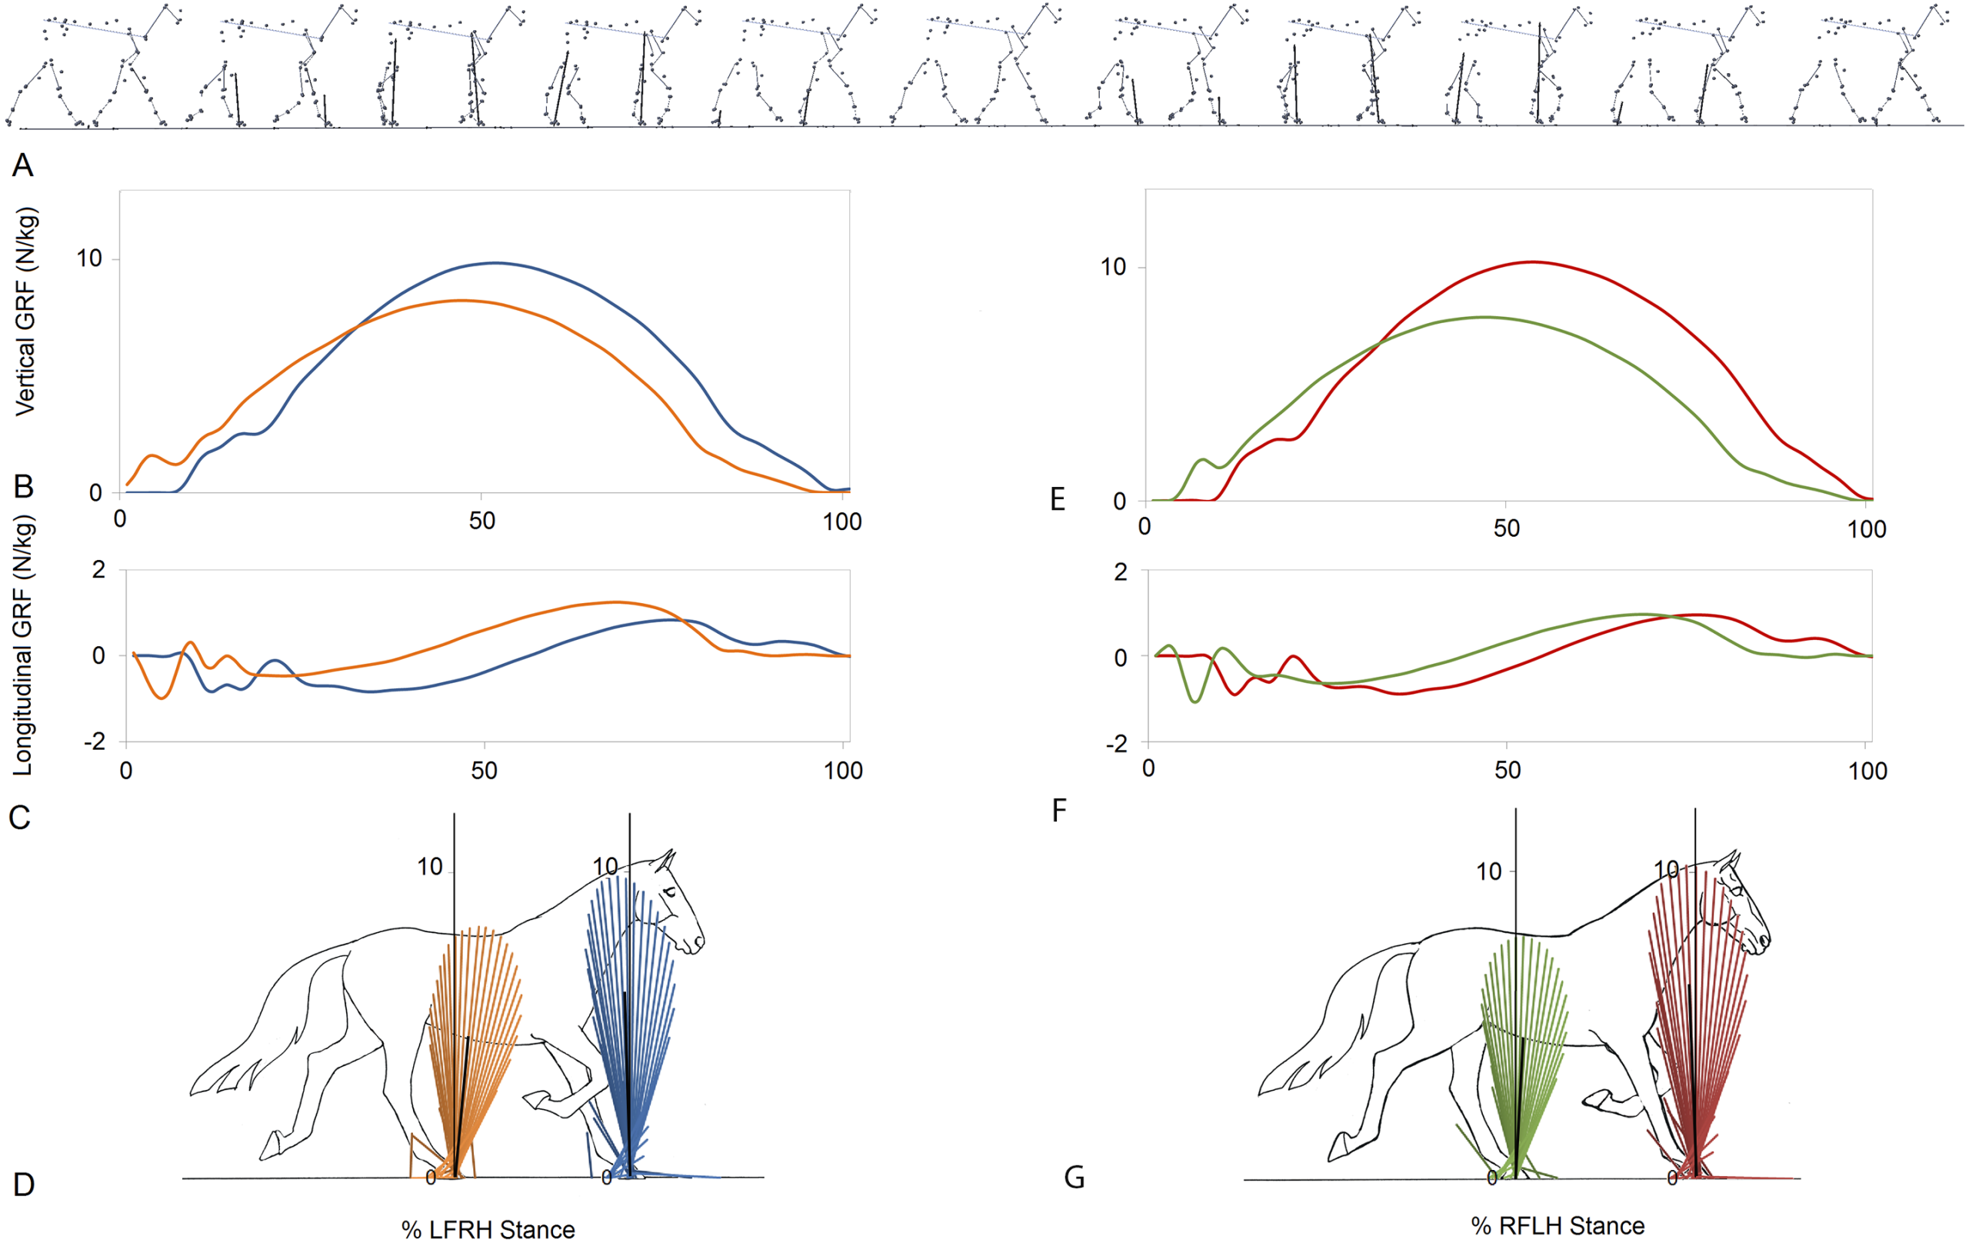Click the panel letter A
point(23,166)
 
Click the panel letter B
point(24,487)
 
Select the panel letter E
point(1058,499)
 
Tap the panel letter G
point(1074,1178)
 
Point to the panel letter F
point(1059,811)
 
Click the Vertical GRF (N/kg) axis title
point(25,312)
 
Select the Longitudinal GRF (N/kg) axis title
point(23,646)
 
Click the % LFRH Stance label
point(488,1229)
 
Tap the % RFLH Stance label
point(1558,1226)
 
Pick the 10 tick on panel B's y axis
point(89,259)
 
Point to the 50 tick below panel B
point(481,521)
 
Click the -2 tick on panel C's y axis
point(95,741)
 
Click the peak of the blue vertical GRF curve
point(495,262)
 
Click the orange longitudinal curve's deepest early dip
point(162,698)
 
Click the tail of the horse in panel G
point(1300,1055)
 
